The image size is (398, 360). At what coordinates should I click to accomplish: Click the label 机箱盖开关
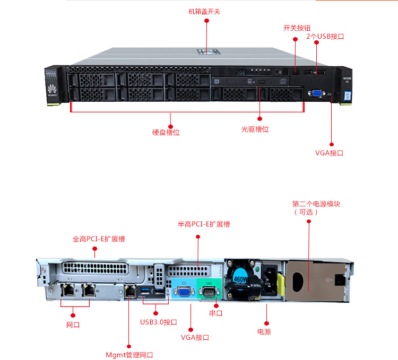(204, 11)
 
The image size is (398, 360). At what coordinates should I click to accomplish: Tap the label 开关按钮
(297, 28)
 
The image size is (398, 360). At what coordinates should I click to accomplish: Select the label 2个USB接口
(325, 37)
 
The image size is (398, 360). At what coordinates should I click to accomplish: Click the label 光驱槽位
(255, 129)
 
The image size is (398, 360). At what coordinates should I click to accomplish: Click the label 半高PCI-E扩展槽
(204, 224)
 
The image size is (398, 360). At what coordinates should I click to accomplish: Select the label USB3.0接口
(159, 322)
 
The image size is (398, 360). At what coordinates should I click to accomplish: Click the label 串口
(216, 313)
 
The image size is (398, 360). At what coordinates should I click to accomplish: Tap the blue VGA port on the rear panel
(184, 292)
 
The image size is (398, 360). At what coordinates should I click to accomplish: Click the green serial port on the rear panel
(209, 291)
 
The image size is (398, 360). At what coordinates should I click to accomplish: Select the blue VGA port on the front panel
(315, 93)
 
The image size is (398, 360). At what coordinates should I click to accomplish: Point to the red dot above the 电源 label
(267, 322)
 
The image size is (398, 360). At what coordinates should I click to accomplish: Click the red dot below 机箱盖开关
(207, 21)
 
